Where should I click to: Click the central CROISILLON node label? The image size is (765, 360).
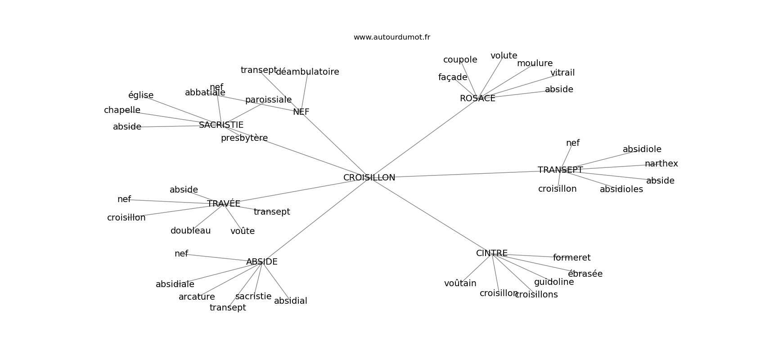369,178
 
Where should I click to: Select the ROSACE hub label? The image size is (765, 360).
477,99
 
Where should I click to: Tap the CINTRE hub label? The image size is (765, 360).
492,253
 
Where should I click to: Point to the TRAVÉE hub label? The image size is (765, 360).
224,204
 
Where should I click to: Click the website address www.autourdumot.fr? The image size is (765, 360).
391,37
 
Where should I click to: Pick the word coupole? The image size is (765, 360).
460,60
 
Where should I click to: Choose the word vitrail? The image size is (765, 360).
562,73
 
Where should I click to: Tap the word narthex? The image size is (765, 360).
661,164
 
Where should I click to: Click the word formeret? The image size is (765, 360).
571,258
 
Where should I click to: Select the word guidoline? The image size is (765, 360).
554,282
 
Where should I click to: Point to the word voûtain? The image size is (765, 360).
460,283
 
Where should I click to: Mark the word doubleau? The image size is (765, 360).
190,231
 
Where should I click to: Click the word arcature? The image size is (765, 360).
197,297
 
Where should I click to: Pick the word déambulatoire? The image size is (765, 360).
307,72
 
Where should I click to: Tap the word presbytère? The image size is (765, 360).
244,138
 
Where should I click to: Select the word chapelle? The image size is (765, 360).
122,110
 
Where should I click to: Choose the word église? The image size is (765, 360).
141,95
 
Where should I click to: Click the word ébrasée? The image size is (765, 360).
585,274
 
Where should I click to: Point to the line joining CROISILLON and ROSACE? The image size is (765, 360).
423,138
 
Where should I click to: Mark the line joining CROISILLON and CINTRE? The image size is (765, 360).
430,216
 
